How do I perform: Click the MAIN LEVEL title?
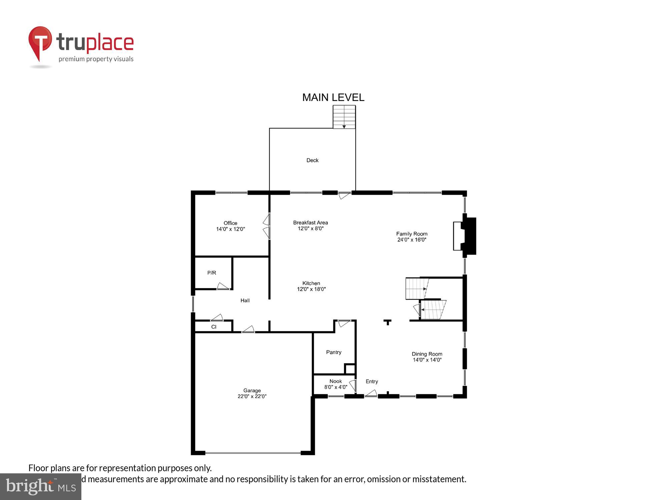coord(333,97)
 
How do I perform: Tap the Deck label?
coord(312,160)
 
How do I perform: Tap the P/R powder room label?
coord(212,273)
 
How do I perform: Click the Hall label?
coord(245,300)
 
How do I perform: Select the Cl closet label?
coord(214,327)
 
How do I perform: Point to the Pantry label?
coord(334,352)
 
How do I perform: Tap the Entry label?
coord(372,381)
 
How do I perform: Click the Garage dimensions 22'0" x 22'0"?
coord(252,396)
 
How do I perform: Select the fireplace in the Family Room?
coord(465,236)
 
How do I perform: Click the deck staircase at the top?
coord(344,117)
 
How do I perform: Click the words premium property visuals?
coord(96,59)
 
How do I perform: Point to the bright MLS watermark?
coord(41,487)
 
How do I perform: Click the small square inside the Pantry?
coord(350,369)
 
